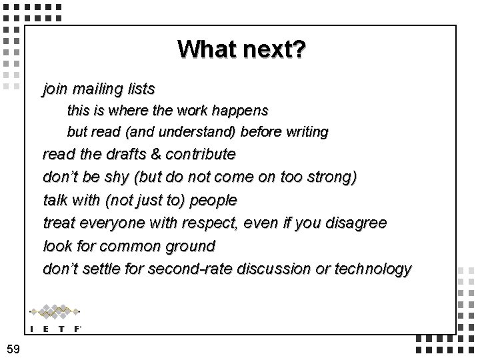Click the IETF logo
pos(55,317)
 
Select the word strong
pos(332,177)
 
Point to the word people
pos(213,200)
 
